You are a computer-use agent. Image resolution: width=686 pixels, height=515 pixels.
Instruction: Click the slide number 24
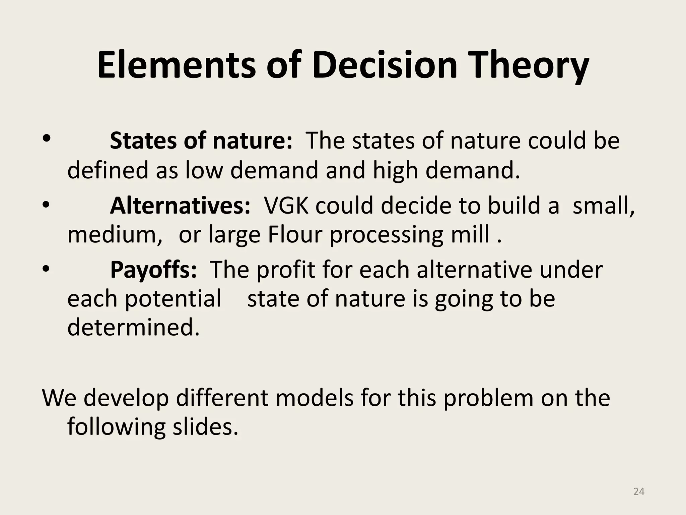[x=639, y=492]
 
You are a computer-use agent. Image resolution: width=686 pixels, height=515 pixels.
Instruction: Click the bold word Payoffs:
[x=153, y=270]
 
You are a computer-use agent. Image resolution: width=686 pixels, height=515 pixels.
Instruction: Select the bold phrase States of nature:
[x=201, y=140]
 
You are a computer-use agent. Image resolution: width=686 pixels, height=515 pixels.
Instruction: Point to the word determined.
[x=133, y=327]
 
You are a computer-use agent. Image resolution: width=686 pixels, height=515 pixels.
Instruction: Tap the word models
[x=315, y=398]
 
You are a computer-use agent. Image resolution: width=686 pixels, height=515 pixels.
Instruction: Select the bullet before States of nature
[x=47, y=138]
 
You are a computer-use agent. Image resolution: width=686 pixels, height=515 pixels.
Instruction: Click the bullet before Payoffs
[x=47, y=268]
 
